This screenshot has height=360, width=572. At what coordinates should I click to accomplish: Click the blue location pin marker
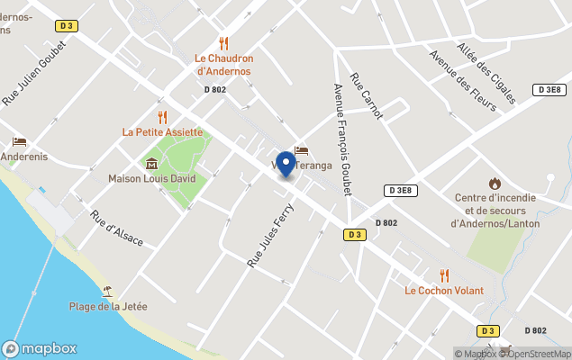286,164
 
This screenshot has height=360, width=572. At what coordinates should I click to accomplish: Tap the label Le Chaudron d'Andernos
224,65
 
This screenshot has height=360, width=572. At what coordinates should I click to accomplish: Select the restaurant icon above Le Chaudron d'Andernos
224,42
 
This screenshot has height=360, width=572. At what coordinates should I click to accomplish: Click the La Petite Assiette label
162,131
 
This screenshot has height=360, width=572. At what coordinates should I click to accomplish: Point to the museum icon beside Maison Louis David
151,163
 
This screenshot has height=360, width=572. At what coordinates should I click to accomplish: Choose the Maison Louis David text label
151,178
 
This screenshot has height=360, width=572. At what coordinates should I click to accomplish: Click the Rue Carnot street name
367,95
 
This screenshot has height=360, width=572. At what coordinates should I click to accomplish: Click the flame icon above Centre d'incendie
495,184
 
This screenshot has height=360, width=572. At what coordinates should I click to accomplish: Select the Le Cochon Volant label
444,291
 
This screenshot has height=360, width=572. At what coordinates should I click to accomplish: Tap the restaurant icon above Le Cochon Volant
444,274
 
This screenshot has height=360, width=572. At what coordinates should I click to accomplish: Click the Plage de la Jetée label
108,306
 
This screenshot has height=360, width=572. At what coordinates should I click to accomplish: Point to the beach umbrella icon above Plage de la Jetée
108,291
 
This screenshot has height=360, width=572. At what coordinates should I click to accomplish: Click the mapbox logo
40,348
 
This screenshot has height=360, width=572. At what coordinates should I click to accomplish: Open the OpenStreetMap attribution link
539,353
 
